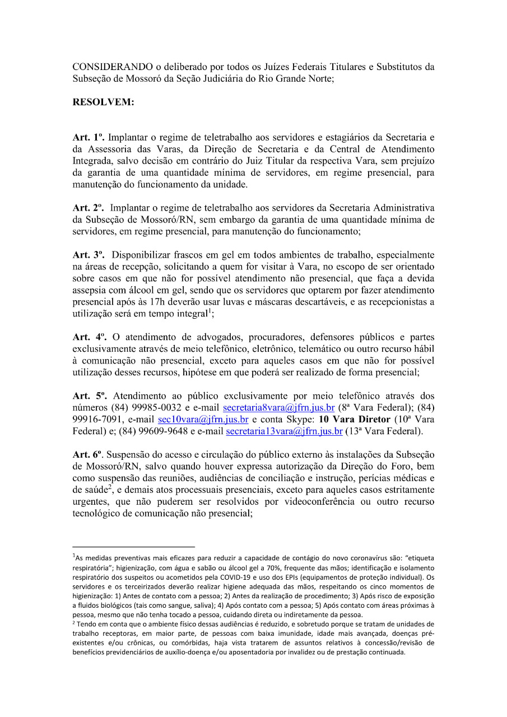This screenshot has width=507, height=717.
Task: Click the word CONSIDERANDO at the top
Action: (105, 67)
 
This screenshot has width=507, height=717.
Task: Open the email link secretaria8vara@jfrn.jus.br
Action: (278, 408)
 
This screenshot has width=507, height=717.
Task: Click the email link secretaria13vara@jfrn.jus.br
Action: (284, 431)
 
